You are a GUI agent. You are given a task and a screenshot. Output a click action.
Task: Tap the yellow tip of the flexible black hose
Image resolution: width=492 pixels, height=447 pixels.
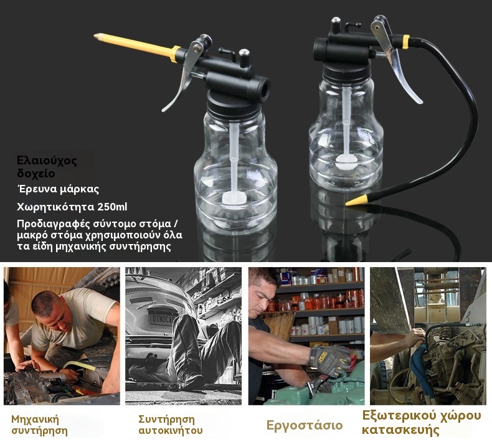coord(356,200)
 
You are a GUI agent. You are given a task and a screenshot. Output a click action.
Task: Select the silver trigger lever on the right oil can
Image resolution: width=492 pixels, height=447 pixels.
coord(395,60)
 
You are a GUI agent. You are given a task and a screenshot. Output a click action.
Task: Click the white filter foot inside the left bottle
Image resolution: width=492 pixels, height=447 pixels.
coord(233,198)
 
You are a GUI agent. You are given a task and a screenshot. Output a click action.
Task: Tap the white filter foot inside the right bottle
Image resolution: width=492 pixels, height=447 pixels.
coord(346,162)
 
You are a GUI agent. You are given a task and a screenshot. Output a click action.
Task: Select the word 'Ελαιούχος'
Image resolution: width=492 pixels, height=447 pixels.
coord(47,160)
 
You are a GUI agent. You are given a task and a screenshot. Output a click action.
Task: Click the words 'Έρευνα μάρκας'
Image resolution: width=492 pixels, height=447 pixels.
coord(58,189)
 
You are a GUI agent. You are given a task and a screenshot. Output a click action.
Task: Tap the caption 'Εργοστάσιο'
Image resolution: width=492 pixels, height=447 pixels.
coord(304,426)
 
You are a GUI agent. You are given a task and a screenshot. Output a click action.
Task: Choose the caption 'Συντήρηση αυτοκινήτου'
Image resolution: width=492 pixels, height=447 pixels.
coord(171,425)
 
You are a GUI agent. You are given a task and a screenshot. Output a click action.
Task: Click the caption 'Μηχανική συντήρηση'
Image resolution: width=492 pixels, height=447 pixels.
coord(39,425)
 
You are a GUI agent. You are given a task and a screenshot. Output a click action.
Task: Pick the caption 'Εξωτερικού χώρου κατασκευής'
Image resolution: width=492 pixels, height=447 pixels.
coord(422,423)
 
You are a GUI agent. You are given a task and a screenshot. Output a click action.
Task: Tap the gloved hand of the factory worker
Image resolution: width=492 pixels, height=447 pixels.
coord(331,360)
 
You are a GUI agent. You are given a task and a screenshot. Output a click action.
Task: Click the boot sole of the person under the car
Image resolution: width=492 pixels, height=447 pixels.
coord(191,380)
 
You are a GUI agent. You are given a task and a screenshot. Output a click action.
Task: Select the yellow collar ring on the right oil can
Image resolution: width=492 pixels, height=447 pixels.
coord(405,42)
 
